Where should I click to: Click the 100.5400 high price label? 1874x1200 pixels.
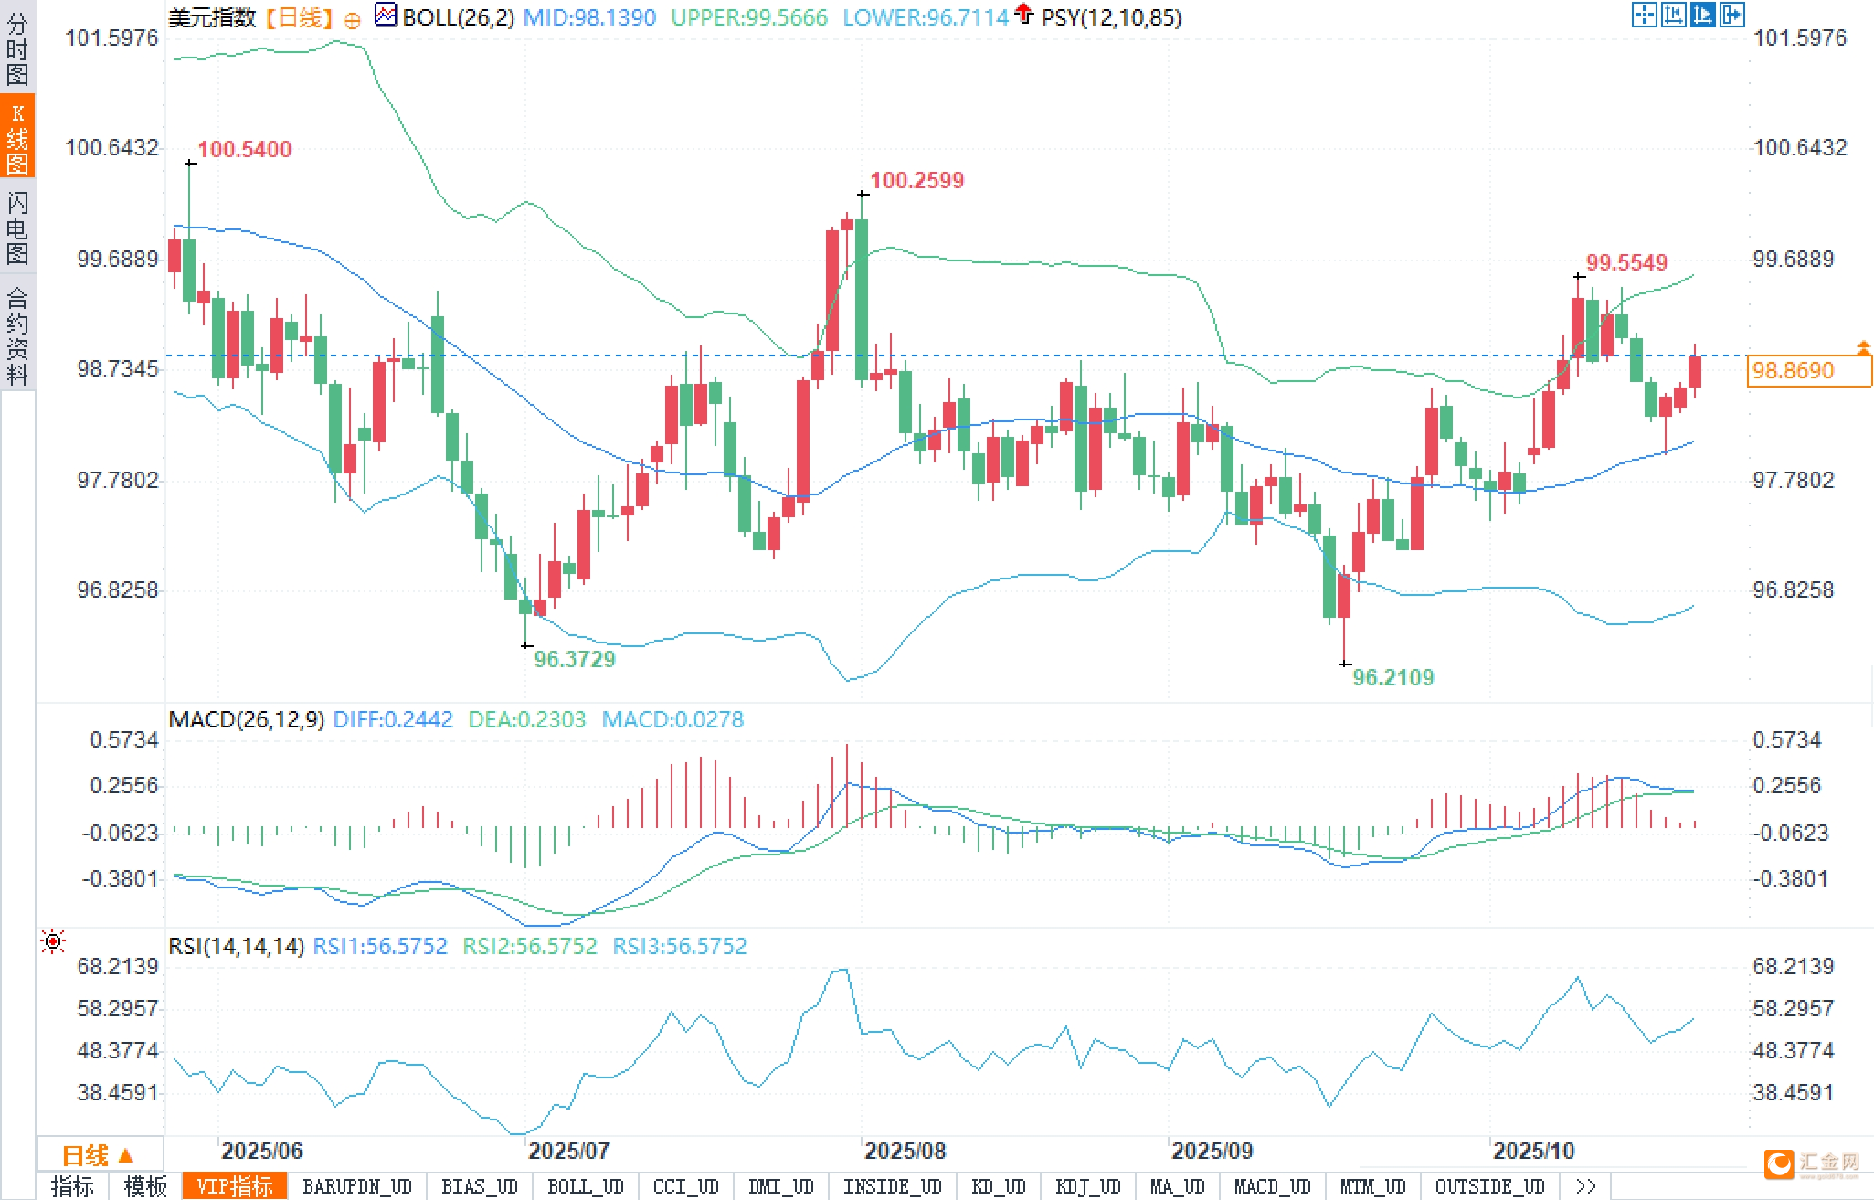244,149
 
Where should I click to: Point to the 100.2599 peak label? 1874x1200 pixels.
916,180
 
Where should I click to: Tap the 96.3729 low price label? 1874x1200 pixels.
575,659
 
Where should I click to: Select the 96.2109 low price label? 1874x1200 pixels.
1392,677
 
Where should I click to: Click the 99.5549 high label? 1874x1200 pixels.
1626,262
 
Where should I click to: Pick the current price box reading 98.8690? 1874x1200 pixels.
1807,370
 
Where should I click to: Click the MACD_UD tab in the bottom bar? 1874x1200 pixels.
1272,1186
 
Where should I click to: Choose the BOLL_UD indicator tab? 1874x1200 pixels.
585,1186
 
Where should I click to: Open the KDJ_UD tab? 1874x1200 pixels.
1087,1186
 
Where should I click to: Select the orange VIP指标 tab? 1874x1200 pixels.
235,1186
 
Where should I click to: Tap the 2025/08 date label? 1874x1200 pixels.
905,1151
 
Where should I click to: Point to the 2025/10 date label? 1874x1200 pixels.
1533,1151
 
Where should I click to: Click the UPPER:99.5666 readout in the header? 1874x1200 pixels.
748,17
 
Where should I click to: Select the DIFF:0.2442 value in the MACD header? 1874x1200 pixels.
393,719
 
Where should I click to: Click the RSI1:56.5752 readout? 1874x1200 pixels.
380,946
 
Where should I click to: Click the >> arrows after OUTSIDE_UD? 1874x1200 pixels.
1585,1186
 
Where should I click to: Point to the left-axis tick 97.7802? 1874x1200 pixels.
117,480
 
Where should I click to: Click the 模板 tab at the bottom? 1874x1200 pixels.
145,1186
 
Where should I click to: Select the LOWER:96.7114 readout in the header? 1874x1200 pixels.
925,17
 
